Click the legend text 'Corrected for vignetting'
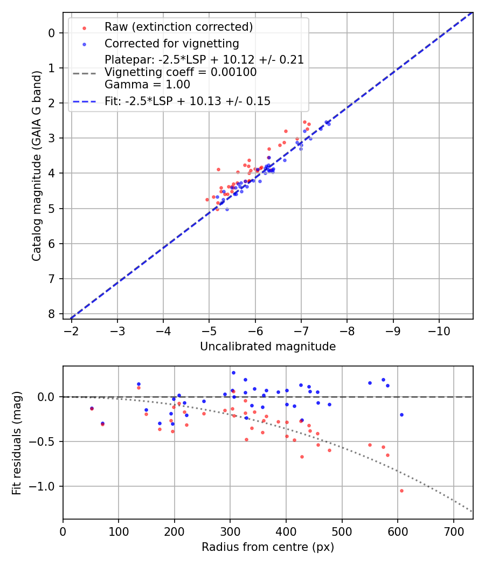coord(172,43)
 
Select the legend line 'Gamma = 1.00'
coord(147,85)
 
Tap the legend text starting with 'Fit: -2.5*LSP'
coord(188,101)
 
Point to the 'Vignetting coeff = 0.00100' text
coord(181,72)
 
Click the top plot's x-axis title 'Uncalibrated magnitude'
coord(268,347)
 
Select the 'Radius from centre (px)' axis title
coord(268,547)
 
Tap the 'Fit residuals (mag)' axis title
coord(17,443)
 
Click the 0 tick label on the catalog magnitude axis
coord(52,33)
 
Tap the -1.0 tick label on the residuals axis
coord(45,486)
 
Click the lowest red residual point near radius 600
coord(401,491)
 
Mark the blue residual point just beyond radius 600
coord(401,415)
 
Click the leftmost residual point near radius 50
coord(92,408)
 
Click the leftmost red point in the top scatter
coord(207,199)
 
